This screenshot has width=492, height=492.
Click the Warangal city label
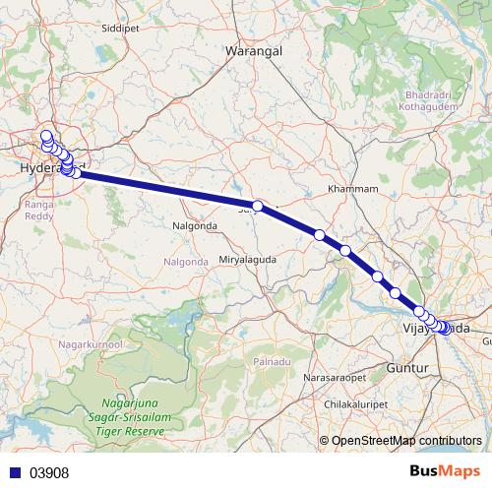tap(255, 48)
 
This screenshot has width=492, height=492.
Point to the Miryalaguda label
tap(248, 259)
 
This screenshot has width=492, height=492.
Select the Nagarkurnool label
tap(90, 345)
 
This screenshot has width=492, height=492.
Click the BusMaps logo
tap(444, 471)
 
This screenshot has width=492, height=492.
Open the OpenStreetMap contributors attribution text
tap(406, 440)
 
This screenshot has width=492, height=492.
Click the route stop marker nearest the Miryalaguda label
tap(258, 207)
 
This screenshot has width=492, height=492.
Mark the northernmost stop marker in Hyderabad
tap(46, 136)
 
